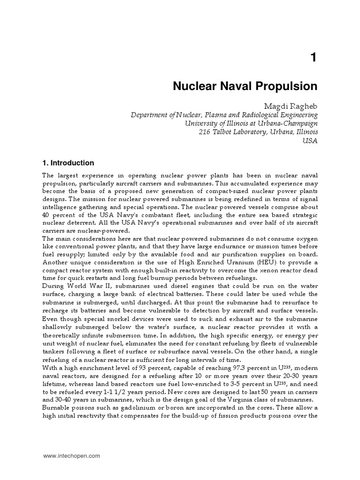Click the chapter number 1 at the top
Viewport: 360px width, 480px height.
pos(313,58)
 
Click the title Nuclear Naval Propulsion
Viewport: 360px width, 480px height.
pos(246,86)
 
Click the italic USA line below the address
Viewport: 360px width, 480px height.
pos(310,142)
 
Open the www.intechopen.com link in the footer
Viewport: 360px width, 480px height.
pos(71,455)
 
